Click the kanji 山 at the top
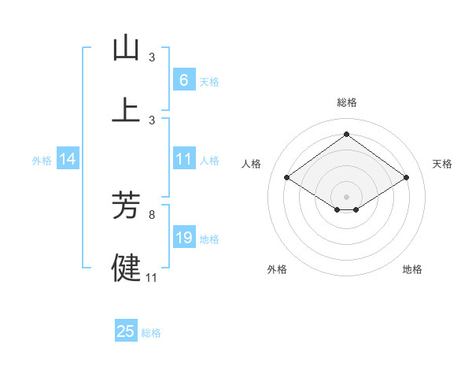126,48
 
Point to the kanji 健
126,267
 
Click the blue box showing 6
183,80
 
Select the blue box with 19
183,238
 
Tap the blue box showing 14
68,159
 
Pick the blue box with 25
126,331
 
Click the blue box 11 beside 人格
183,159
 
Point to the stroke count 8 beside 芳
152,213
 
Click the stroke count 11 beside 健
152,277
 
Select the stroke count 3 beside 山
152,57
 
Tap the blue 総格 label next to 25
151,333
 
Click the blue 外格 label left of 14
42,160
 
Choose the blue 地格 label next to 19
209,239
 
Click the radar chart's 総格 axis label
347,102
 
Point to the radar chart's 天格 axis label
443,164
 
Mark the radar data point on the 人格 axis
287,178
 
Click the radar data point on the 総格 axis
347,134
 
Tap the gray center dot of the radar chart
347,196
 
